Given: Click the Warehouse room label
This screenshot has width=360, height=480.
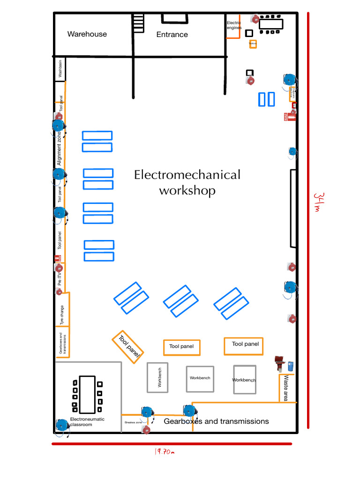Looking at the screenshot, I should (x=87, y=34).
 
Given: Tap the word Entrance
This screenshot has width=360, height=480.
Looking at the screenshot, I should (x=172, y=34).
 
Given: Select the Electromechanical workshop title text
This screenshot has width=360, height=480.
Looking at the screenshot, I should (x=187, y=182).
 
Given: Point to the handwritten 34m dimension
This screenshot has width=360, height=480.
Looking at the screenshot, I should (x=318, y=202).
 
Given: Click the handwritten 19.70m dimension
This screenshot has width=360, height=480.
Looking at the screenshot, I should (x=164, y=452).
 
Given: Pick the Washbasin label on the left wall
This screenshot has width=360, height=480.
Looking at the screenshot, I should (x=60, y=68).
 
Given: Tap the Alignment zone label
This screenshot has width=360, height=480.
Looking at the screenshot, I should (x=60, y=148).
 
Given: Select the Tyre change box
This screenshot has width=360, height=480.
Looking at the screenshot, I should (x=62, y=309).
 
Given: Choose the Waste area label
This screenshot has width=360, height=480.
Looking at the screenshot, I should (x=286, y=388).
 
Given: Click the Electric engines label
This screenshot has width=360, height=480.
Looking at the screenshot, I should (x=234, y=25).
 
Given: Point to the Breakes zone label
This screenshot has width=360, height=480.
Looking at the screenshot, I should (x=133, y=422).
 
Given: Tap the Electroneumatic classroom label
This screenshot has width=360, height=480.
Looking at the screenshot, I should (x=87, y=422).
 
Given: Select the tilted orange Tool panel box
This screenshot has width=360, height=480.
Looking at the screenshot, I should (x=128, y=347).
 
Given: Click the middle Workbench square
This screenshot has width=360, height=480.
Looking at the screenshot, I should (x=200, y=378).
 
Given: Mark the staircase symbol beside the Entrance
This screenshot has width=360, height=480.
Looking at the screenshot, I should (x=138, y=22).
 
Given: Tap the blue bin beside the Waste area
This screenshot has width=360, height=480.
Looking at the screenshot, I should (x=291, y=366).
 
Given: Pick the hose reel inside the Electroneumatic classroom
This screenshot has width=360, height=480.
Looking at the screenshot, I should (x=62, y=425).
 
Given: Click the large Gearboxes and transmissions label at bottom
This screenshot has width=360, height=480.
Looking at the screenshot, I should (x=216, y=421).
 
